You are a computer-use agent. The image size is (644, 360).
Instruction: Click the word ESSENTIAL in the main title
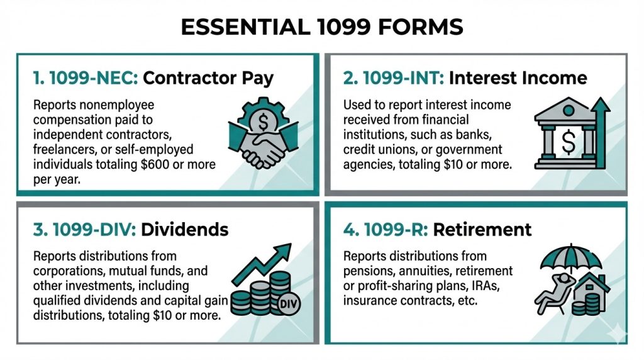pyautogui.click(x=246, y=27)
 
